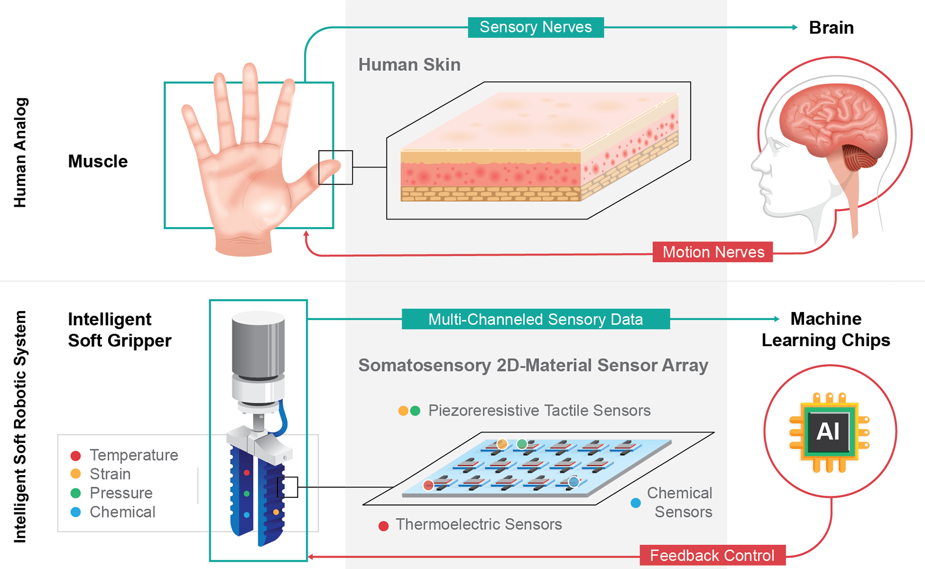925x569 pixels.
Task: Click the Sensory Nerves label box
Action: (x=536, y=27)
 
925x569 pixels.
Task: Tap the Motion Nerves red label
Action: (x=713, y=252)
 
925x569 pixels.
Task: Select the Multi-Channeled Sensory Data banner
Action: (x=536, y=319)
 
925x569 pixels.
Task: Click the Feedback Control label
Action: (x=712, y=556)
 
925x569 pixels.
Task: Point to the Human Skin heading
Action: (x=410, y=65)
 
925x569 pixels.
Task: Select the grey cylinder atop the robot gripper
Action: (x=258, y=344)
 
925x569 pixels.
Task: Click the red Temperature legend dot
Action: (x=76, y=455)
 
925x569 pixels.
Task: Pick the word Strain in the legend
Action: (x=110, y=474)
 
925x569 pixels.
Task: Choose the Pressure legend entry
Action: (x=121, y=493)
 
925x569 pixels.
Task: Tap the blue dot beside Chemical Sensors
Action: (x=635, y=503)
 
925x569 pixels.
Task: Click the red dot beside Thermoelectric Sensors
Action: (x=383, y=526)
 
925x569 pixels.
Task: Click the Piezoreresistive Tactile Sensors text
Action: (x=539, y=411)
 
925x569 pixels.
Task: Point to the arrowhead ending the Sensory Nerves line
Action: (x=795, y=27)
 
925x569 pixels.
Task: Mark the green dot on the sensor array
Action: (x=522, y=443)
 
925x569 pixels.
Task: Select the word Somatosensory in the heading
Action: (x=424, y=365)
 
